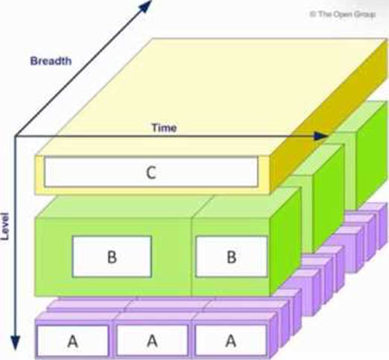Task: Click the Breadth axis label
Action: pos(51,61)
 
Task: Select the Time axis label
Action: pos(164,127)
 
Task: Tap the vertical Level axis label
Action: pos(4,226)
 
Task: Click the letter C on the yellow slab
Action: pos(151,172)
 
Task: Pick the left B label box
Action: pos(112,256)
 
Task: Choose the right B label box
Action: pos(232,256)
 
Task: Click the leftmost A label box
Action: pos(72,341)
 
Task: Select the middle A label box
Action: pos(152,341)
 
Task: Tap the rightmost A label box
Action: pos(230,341)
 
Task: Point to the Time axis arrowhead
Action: pos(321,136)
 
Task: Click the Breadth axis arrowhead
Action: pos(145,5)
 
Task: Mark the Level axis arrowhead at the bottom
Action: pos(16,342)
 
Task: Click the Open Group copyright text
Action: pos(343,14)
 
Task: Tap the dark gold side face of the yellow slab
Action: pos(329,117)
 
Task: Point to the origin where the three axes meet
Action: pos(16,136)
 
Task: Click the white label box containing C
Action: pos(151,172)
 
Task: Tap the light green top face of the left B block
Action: pos(124,206)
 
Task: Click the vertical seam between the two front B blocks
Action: pos(192,257)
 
